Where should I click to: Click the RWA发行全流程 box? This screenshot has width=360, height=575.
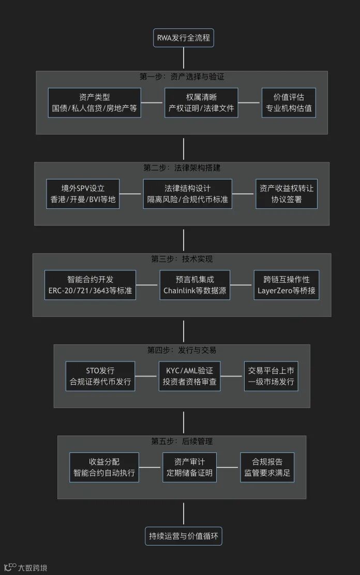(x=184, y=38)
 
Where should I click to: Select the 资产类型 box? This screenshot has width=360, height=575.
(x=95, y=103)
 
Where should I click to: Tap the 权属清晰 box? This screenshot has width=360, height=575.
(x=201, y=103)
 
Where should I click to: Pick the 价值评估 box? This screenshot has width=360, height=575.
(x=289, y=103)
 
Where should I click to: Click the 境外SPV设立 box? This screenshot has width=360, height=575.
(x=83, y=194)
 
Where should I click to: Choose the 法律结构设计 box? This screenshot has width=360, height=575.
(x=187, y=194)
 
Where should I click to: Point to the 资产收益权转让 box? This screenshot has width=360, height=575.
(x=287, y=194)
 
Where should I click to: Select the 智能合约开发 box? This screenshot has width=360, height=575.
(x=91, y=285)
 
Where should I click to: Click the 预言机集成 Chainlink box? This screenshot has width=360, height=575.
(x=194, y=285)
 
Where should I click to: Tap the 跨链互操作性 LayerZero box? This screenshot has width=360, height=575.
(x=287, y=285)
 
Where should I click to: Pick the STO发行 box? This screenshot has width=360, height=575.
(x=100, y=376)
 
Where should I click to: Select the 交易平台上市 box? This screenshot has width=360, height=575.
(x=272, y=376)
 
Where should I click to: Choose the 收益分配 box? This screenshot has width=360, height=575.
(x=104, y=467)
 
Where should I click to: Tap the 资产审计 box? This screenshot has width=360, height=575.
(x=189, y=467)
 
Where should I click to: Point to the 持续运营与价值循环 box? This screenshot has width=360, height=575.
(x=184, y=536)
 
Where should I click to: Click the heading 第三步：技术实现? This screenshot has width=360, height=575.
(x=183, y=259)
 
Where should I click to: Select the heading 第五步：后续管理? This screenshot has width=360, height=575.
(x=182, y=442)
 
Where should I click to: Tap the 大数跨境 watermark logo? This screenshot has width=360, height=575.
(x=25, y=567)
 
